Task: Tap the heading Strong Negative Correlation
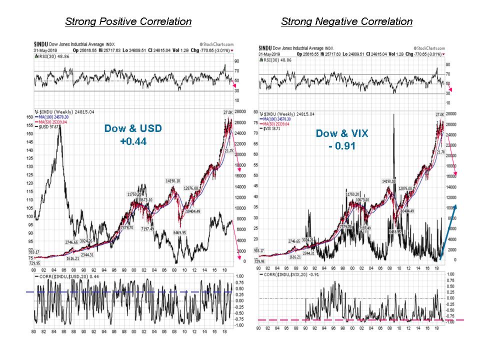tap(346, 21)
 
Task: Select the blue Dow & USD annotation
tap(133, 128)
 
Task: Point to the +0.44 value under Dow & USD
tap(133, 141)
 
